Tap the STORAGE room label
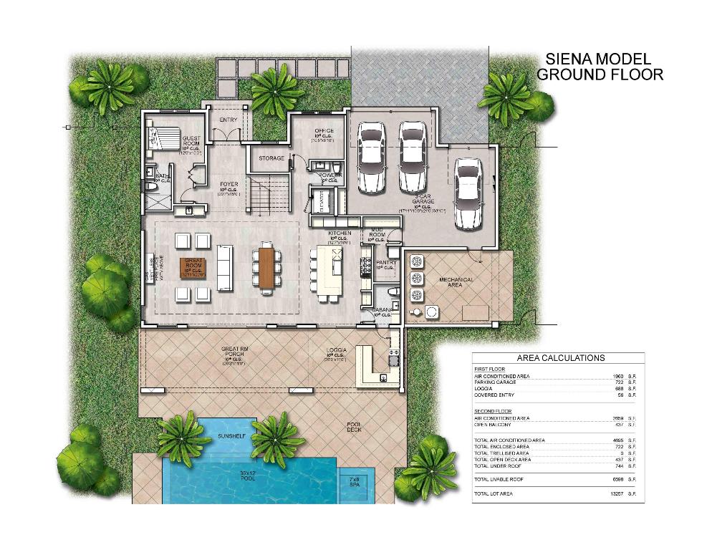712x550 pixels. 271,158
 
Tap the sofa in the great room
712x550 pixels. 225,268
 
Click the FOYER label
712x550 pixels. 228,184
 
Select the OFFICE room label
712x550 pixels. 324,131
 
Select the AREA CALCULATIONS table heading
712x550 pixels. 560,358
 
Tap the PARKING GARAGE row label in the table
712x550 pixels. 495,382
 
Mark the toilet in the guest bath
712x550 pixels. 151,186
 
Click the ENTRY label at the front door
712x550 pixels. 228,120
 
